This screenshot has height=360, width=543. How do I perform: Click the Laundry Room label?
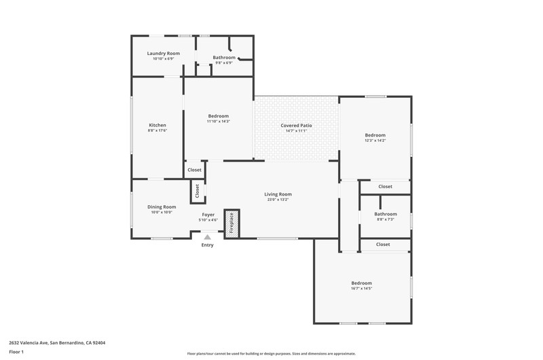coord(164,54)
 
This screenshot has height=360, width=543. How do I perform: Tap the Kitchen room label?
coord(157,125)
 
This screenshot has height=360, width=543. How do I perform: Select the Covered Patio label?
coord(296,126)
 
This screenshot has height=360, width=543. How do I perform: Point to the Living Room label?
coord(278,194)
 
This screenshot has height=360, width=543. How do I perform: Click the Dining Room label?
coord(162,207)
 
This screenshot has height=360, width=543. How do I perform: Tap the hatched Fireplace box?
coord(231,223)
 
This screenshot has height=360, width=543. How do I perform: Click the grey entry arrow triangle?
coord(208,237)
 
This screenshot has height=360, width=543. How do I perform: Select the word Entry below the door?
coord(208,245)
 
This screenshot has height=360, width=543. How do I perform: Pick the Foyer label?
coord(208,215)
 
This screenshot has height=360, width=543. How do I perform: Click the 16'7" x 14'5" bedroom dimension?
coord(362,288)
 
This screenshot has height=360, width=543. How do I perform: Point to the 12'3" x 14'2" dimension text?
coord(375,141)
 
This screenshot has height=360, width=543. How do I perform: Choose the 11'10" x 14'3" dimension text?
coord(218,122)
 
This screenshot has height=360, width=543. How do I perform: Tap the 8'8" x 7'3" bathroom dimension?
coord(386,219)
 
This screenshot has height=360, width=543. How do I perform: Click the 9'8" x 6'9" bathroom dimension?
coord(224,62)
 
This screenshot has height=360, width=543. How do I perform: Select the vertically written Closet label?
coord(198,191)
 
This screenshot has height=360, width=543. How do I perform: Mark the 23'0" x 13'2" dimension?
coord(278,200)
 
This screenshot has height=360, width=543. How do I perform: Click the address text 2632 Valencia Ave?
coord(29,343)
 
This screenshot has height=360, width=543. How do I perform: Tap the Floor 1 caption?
coord(16,352)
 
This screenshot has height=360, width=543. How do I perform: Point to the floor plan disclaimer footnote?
coord(271,354)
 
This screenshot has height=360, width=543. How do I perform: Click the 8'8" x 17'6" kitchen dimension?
coord(157,130)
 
